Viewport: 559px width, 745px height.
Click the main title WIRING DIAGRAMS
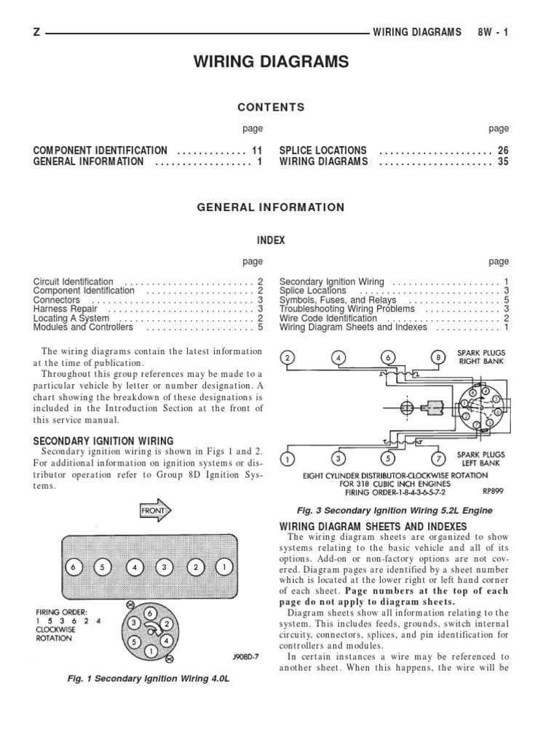(271, 63)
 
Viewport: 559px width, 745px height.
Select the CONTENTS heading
(271, 107)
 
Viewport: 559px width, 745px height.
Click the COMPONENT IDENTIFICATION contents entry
(100, 151)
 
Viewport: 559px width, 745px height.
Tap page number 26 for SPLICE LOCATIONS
(503, 151)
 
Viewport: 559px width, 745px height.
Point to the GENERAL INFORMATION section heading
(271, 207)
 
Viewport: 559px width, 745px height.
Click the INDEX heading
(271, 241)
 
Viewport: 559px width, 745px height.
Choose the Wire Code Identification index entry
(328, 318)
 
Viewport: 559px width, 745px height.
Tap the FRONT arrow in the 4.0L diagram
(154, 511)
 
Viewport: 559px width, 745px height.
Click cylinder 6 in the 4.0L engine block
(73, 567)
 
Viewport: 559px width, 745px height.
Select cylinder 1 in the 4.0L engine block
(226, 567)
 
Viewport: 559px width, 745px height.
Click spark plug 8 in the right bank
(438, 357)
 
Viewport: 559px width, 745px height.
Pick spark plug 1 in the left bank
(289, 459)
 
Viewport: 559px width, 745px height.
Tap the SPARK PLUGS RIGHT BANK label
(480, 356)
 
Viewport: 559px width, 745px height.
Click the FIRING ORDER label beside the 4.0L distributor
(62, 612)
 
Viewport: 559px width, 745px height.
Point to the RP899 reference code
(493, 491)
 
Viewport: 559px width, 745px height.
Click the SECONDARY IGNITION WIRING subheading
(103, 441)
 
